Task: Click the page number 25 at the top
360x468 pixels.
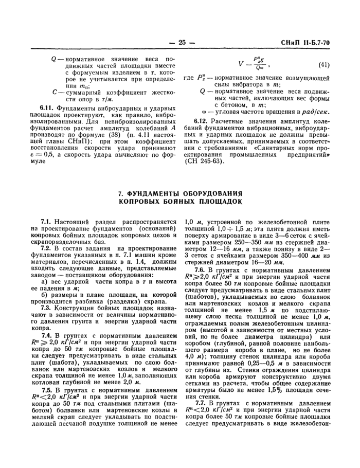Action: pos(181,42)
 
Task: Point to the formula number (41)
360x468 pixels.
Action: pos(323,65)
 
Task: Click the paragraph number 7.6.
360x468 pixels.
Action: pos(202,270)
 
